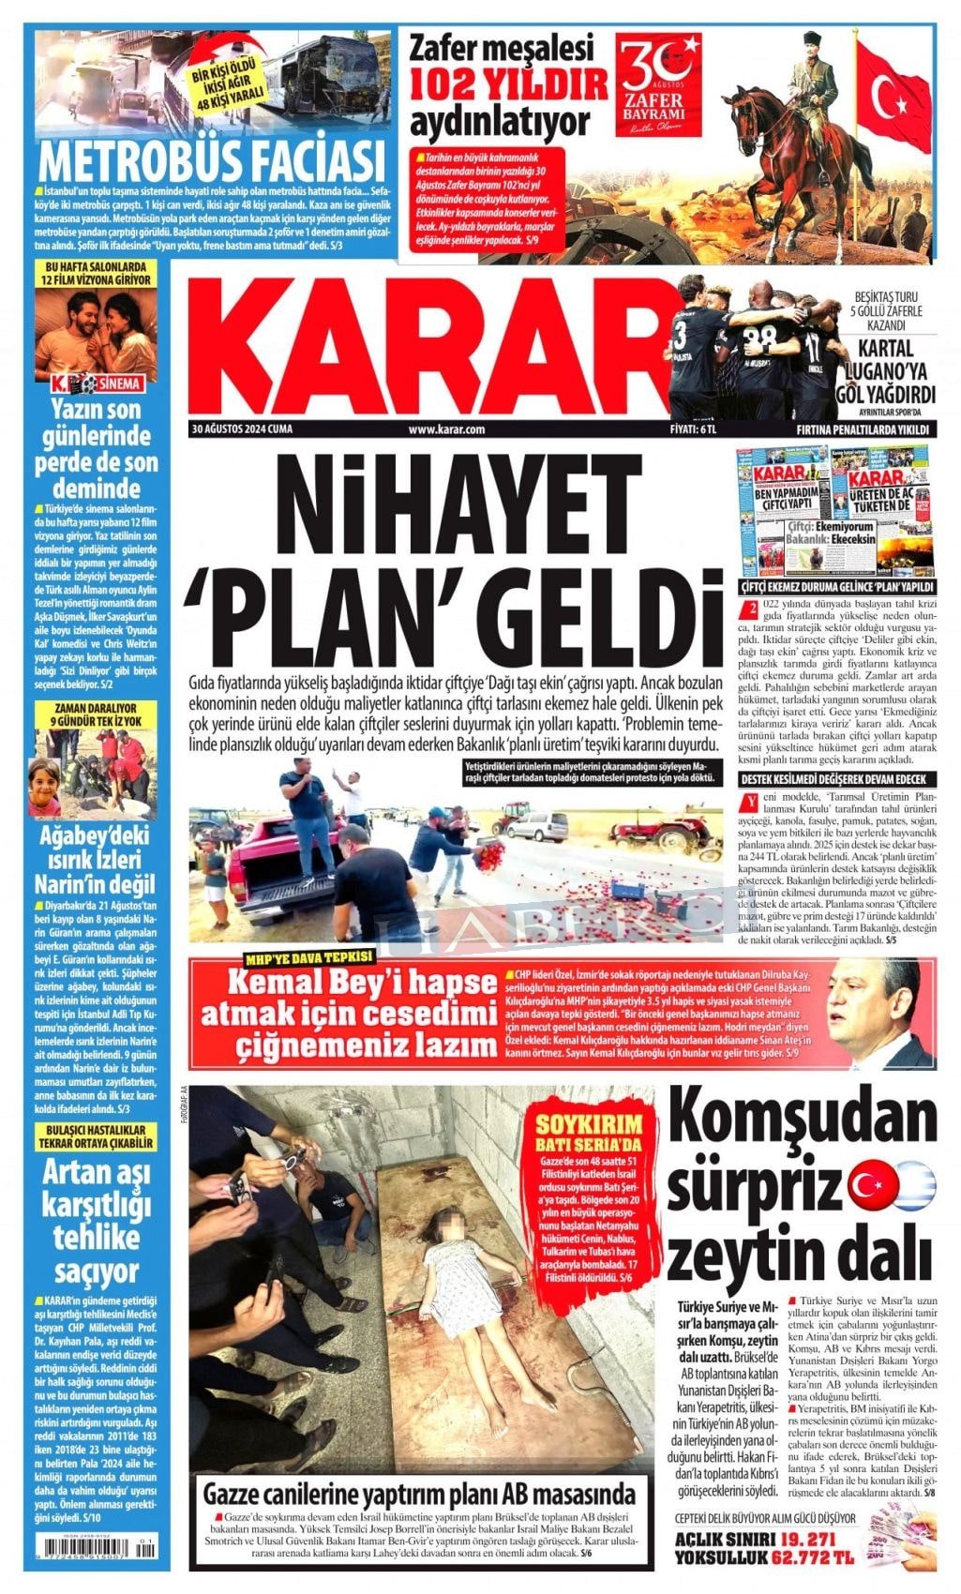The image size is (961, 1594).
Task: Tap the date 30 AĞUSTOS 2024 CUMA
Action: [x=242, y=429]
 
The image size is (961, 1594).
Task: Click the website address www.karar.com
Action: [x=446, y=429]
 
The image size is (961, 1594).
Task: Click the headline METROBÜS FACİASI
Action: [x=213, y=160]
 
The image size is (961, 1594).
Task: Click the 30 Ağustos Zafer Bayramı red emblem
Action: [x=656, y=90]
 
